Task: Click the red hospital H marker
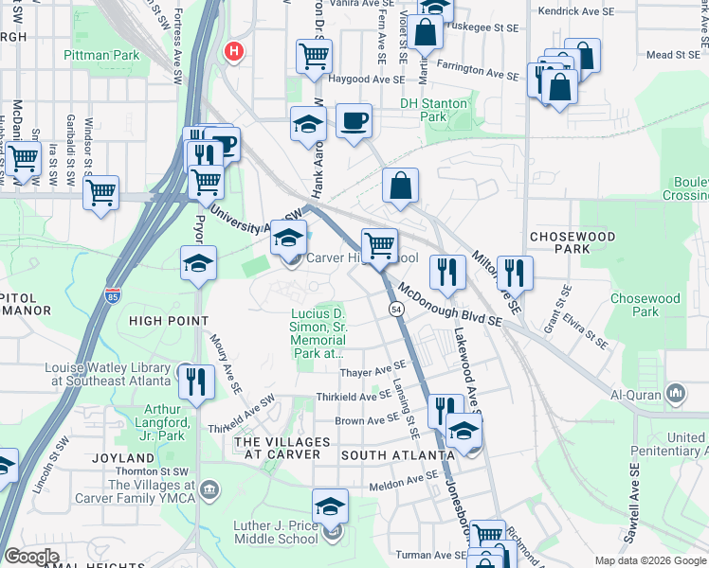coord(232,50)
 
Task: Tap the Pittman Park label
coord(101,56)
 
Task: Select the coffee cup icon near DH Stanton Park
coord(354,121)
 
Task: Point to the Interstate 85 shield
coord(113,294)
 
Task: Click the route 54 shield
coord(394,310)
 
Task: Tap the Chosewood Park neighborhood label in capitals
coord(573,242)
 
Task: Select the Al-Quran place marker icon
coord(676,392)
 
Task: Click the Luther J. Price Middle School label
coord(276,532)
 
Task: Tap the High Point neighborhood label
coord(169,321)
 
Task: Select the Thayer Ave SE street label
coord(373,370)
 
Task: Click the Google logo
coord(32,556)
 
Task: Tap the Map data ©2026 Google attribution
coord(649,560)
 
